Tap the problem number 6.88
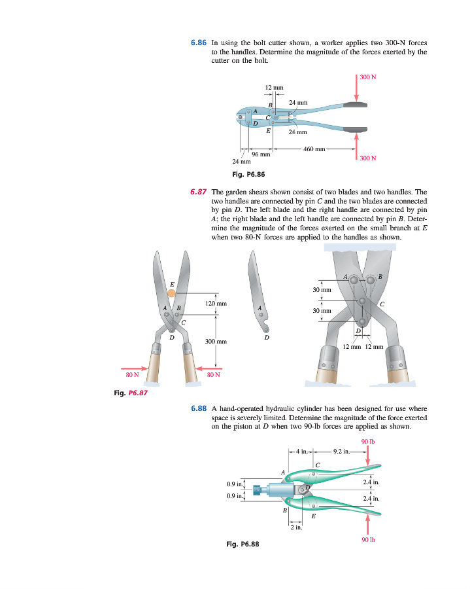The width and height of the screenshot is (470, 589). click(x=199, y=408)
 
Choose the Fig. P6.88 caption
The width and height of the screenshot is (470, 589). click(x=242, y=543)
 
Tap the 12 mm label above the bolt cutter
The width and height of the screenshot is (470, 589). click(x=273, y=87)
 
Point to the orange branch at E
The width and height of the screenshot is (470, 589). click(x=171, y=293)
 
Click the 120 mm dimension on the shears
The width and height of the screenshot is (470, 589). click(x=216, y=304)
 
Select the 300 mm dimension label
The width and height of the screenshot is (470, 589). click(x=216, y=341)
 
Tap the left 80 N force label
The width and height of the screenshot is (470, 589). click(x=133, y=375)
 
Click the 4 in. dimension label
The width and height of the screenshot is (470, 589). click(x=301, y=451)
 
